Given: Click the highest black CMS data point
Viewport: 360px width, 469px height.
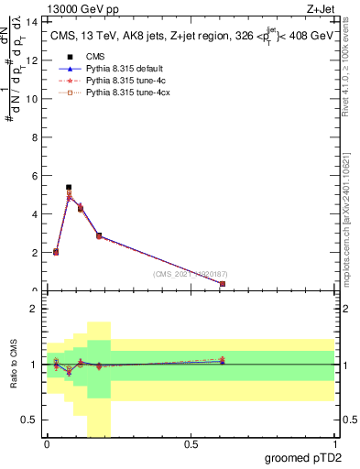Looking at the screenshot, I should [x=69, y=187].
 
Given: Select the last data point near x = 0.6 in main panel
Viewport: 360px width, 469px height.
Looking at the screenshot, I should [x=223, y=284].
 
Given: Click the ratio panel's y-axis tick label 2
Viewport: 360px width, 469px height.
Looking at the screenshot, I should [x=36, y=310].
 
